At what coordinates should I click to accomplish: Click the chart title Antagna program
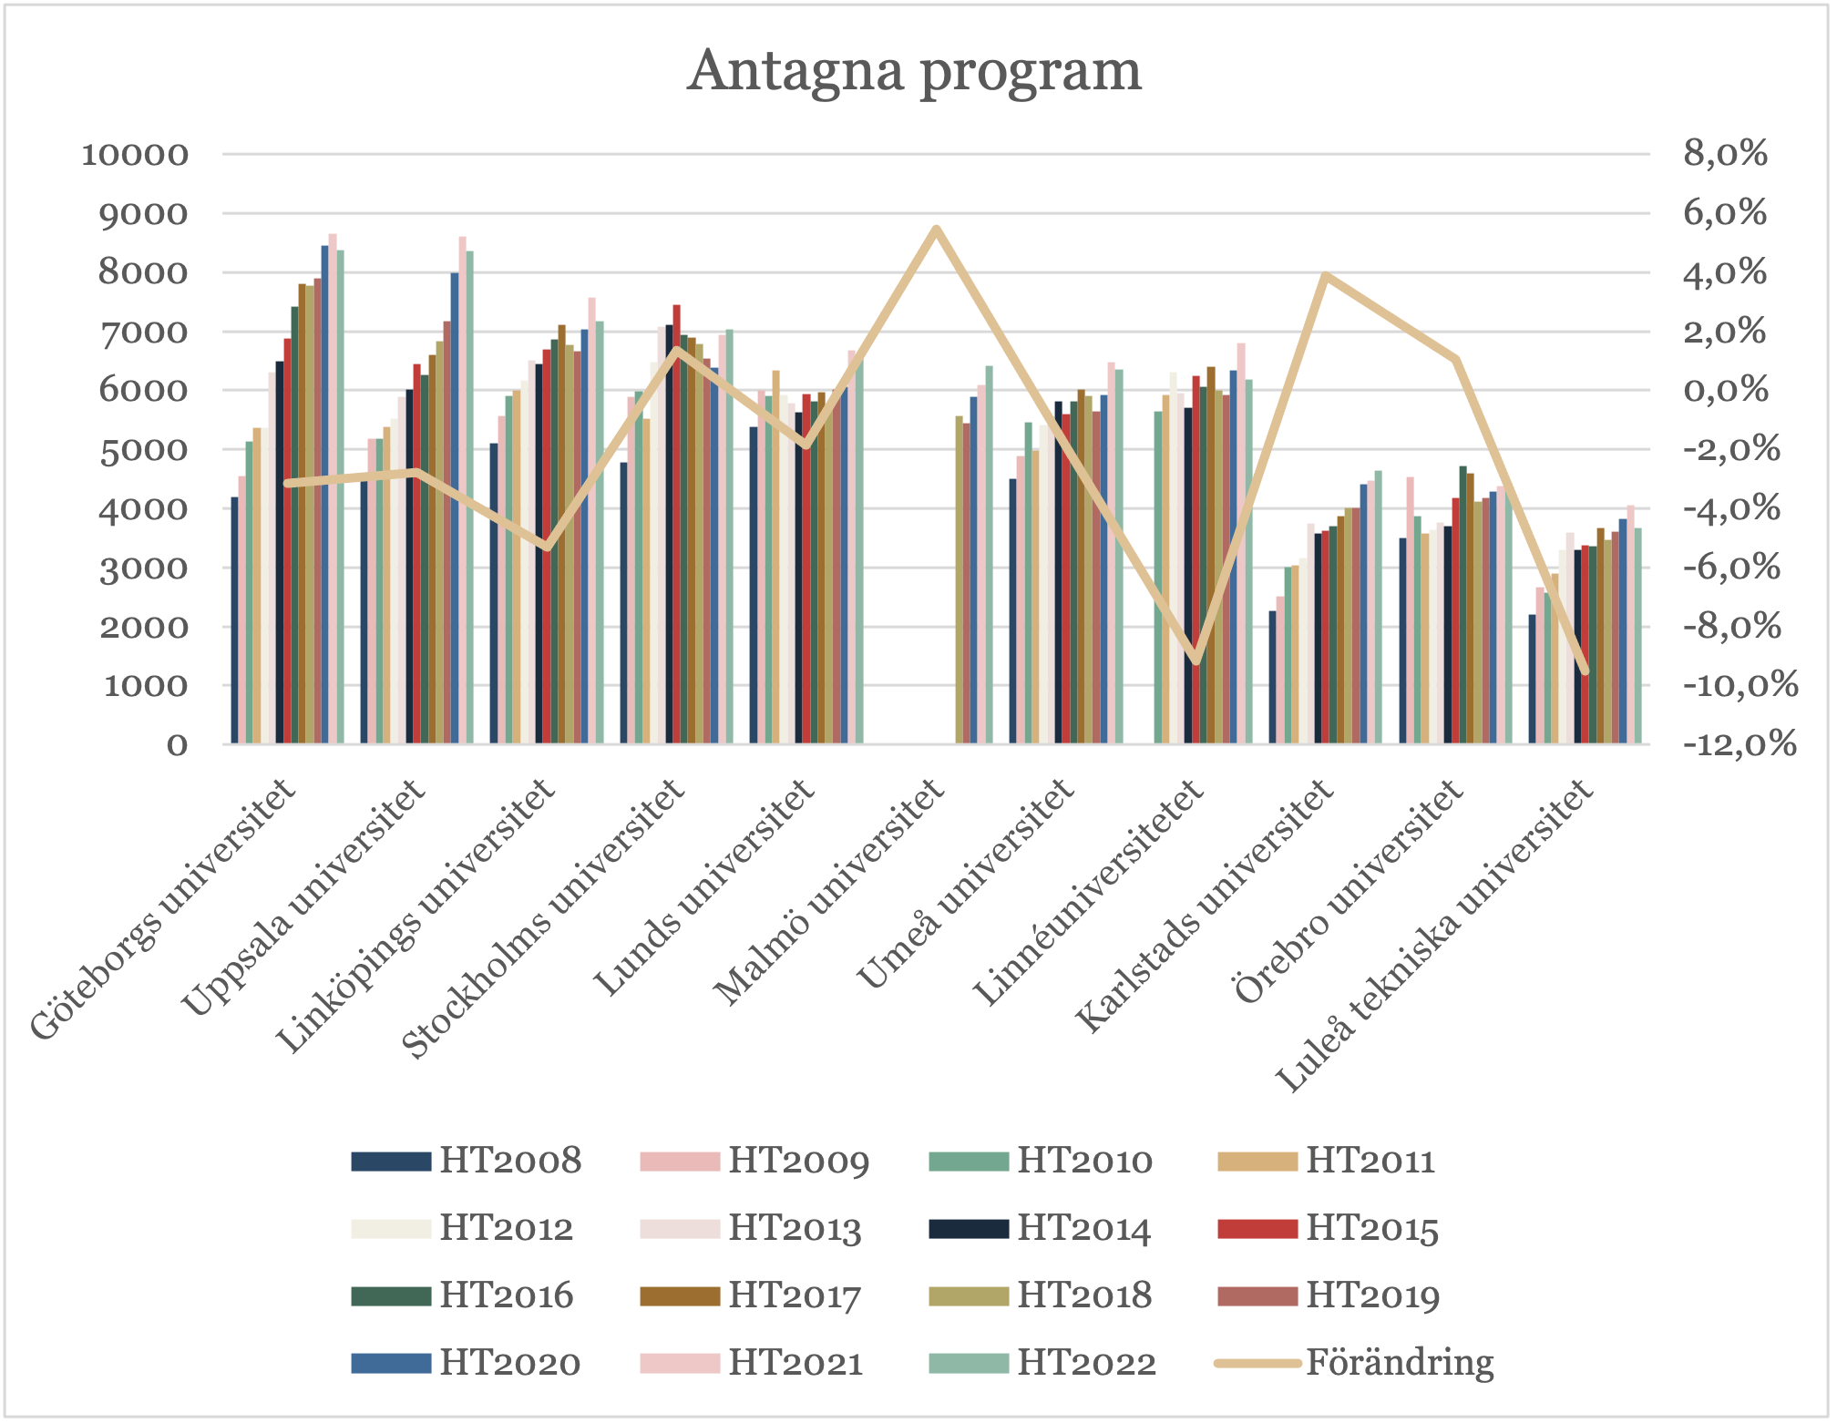coord(914,71)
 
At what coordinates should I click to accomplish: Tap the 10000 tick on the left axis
coord(135,154)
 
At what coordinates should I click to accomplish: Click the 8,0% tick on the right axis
coord(1725,154)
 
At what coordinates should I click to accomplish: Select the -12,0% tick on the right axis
coord(1739,744)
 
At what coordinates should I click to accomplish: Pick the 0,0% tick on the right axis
coord(1725,391)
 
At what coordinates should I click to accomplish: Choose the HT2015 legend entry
coord(1329,1229)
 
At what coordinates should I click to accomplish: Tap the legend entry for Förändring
coord(1356,1363)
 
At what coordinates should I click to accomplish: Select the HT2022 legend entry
coord(1043,1363)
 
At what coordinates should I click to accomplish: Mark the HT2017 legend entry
coord(752,1295)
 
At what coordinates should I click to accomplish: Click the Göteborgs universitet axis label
coord(164,911)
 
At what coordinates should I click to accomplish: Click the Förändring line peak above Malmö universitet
coord(936,228)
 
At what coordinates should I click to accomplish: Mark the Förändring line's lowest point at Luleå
coord(1585,671)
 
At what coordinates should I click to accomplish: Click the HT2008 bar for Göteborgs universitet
coord(234,619)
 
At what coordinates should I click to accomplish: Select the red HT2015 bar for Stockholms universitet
coord(676,524)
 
